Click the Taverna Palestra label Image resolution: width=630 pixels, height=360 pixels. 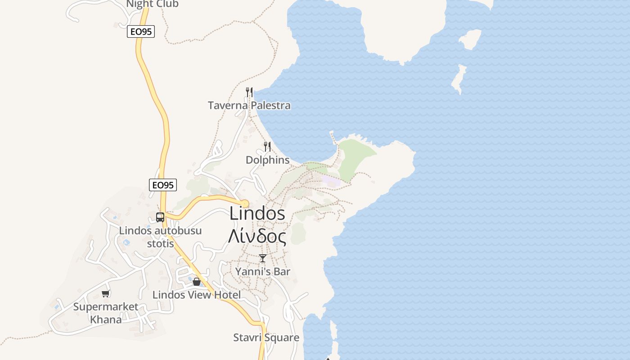pyautogui.click(x=249, y=105)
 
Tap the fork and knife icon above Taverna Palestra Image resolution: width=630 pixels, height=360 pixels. pyautogui.click(x=249, y=92)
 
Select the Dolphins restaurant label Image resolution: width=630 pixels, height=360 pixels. pyautogui.click(x=267, y=160)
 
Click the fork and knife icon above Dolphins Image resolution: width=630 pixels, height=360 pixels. pyautogui.click(x=267, y=146)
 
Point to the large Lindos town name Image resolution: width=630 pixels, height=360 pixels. pyautogui.click(x=257, y=213)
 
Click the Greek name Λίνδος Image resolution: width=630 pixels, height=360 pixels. pyautogui.click(x=257, y=236)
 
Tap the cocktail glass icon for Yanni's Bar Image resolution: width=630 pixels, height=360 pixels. pyautogui.click(x=263, y=258)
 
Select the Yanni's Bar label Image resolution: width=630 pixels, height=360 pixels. pyautogui.click(x=263, y=271)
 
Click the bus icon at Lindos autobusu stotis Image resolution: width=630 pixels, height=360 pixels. pyautogui.click(x=160, y=217)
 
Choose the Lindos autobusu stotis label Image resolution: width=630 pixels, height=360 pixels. pyautogui.click(x=160, y=237)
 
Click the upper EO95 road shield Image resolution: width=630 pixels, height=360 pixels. pyautogui.click(x=140, y=31)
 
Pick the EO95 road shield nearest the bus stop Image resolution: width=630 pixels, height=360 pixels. pyautogui.click(x=162, y=185)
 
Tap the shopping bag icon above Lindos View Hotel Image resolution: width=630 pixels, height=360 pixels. pyautogui.click(x=197, y=282)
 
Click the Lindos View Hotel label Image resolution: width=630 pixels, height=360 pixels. pyautogui.click(x=197, y=295)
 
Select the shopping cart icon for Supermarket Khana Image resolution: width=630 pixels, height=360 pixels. pyautogui.click(x=105, y=294)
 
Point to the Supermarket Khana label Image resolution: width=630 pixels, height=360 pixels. pyautogui.click(x=106, y=313)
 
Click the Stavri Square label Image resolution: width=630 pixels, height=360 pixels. pyautogui.click(x=266, y=337)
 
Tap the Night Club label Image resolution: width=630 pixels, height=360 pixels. pyautogui.click(x=152, y=4)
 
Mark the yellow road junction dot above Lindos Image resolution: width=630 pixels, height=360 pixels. pyautogui.click(x=245, y=203)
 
